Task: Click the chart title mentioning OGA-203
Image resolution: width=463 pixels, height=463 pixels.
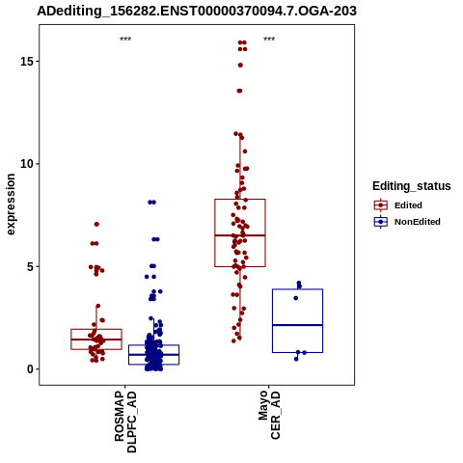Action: pos(197,11)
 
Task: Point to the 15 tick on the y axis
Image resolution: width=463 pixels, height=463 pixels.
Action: pos(27,61)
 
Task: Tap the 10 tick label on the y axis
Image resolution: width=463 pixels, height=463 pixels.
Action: pos(27,164)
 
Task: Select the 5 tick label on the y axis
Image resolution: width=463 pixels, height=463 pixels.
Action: pos(31,266)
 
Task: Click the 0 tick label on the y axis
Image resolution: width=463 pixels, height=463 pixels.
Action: pos(31,369)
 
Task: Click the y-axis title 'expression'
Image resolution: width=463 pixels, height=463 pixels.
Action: pos(11,204)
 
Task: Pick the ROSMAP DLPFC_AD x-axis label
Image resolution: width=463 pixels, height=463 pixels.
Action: pos(125,422)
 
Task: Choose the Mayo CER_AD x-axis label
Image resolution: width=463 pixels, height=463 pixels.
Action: pos(269,415)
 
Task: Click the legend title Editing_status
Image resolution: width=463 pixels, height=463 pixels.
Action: pos(412,186)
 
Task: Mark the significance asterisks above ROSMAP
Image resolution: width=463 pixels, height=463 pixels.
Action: pos(125,40)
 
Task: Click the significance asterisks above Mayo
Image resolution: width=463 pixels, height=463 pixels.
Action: pos(269,40)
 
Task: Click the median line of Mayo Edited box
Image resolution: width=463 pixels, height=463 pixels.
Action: pos(240,235)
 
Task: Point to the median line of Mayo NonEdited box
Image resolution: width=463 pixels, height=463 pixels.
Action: pos(297,325)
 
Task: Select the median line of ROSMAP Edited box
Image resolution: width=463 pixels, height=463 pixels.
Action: pos(96,340)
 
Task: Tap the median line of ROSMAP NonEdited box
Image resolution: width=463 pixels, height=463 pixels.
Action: pos(153,354)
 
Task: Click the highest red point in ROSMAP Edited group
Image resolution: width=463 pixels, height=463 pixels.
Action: pos(96,224)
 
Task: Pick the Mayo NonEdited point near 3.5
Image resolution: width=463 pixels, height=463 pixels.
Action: pos(296,298)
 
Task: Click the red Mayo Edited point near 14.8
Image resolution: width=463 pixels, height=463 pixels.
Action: pos(240,66)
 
